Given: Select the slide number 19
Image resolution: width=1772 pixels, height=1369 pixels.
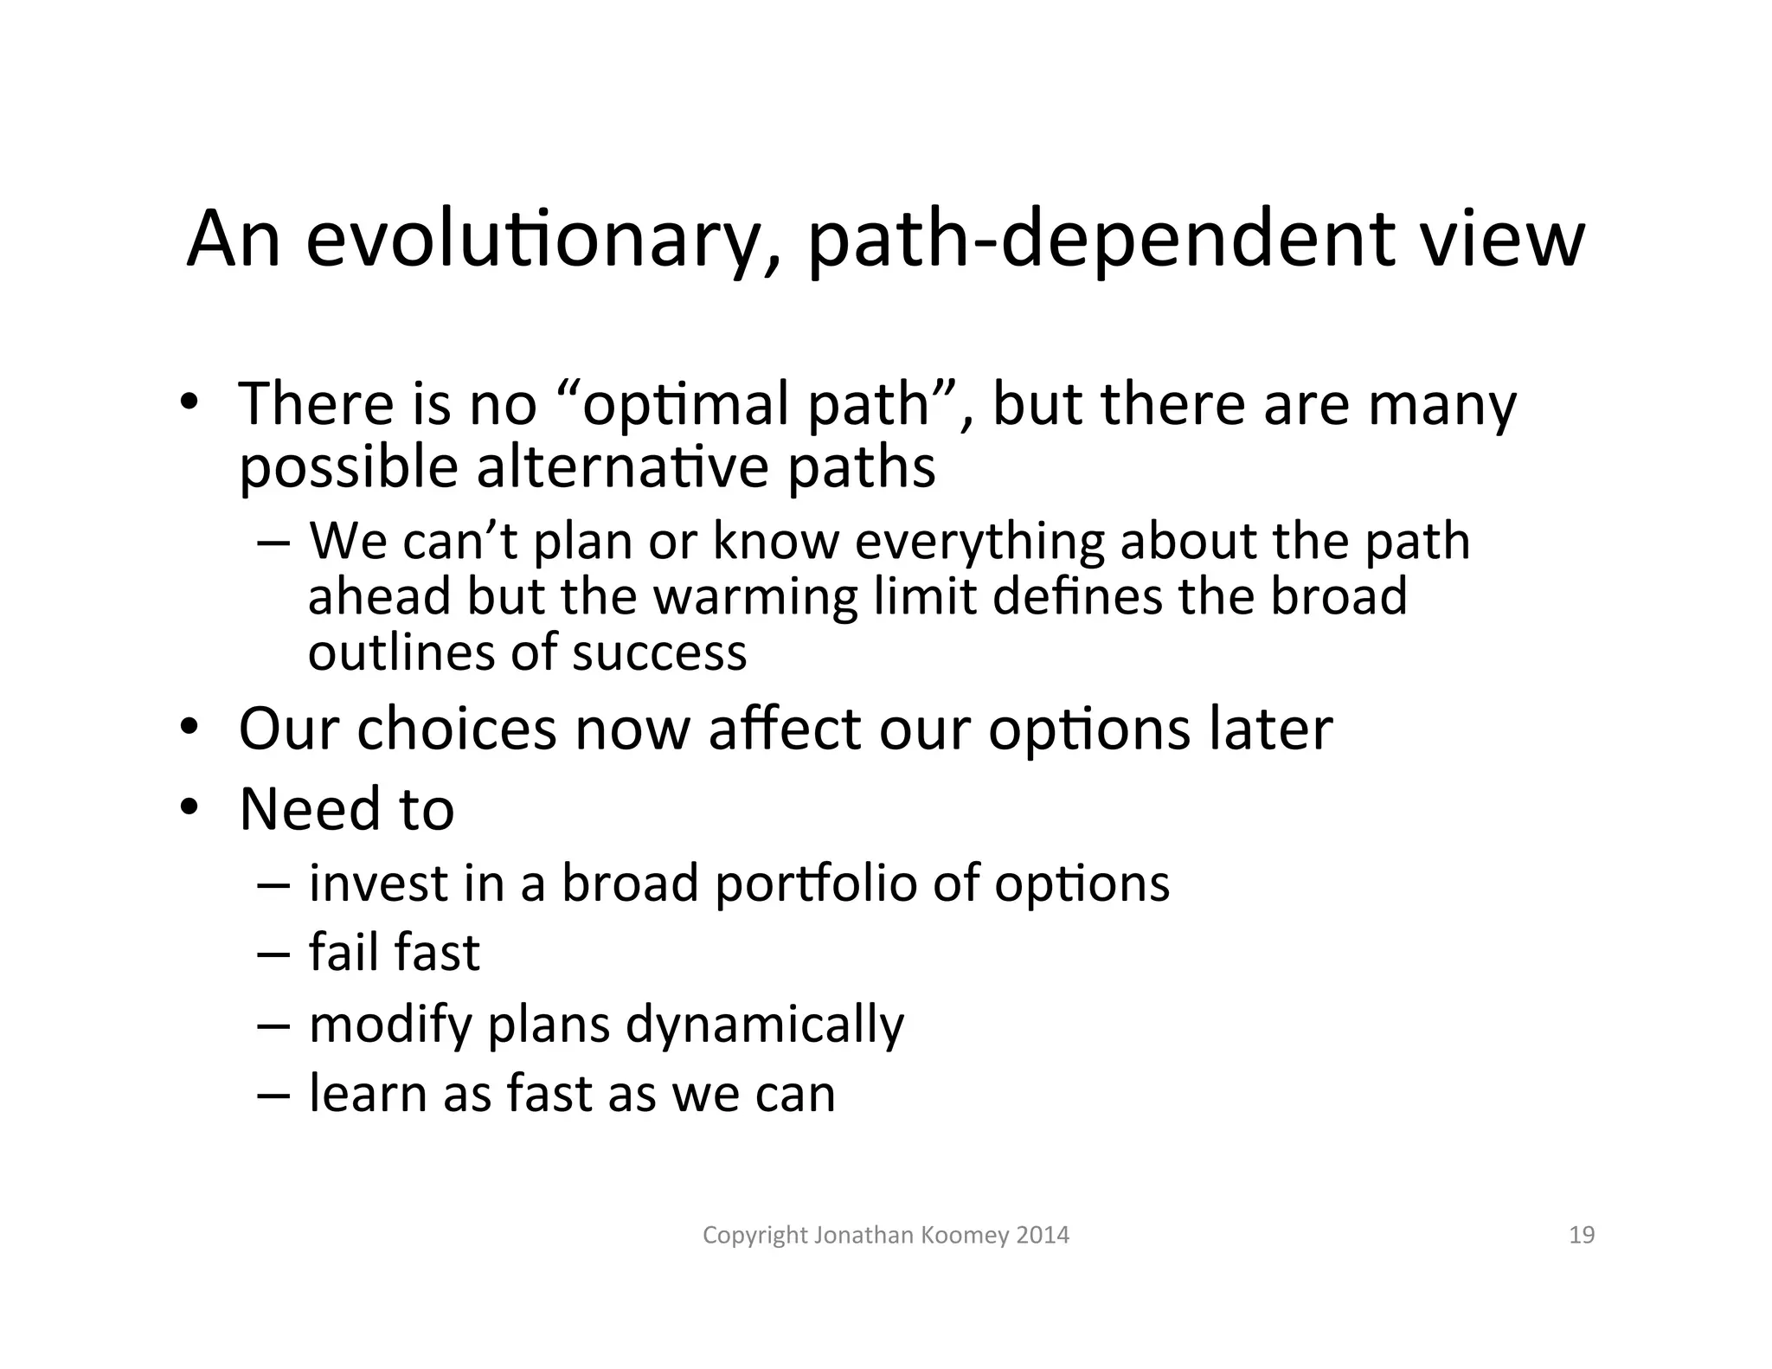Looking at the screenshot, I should (1582, 1235).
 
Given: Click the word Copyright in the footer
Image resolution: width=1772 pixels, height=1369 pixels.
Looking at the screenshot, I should (754, 1235).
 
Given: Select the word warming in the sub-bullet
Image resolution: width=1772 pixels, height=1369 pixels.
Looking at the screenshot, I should (754, 597).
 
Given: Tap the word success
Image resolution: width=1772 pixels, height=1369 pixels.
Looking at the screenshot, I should (659, 652).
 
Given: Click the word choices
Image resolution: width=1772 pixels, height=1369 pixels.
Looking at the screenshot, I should (457, 729).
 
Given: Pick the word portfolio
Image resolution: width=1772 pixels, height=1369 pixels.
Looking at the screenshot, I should (815, 884).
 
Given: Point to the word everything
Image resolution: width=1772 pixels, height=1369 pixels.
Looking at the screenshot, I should (979, 542).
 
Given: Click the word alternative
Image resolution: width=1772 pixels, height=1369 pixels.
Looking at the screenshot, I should (622, 467).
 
